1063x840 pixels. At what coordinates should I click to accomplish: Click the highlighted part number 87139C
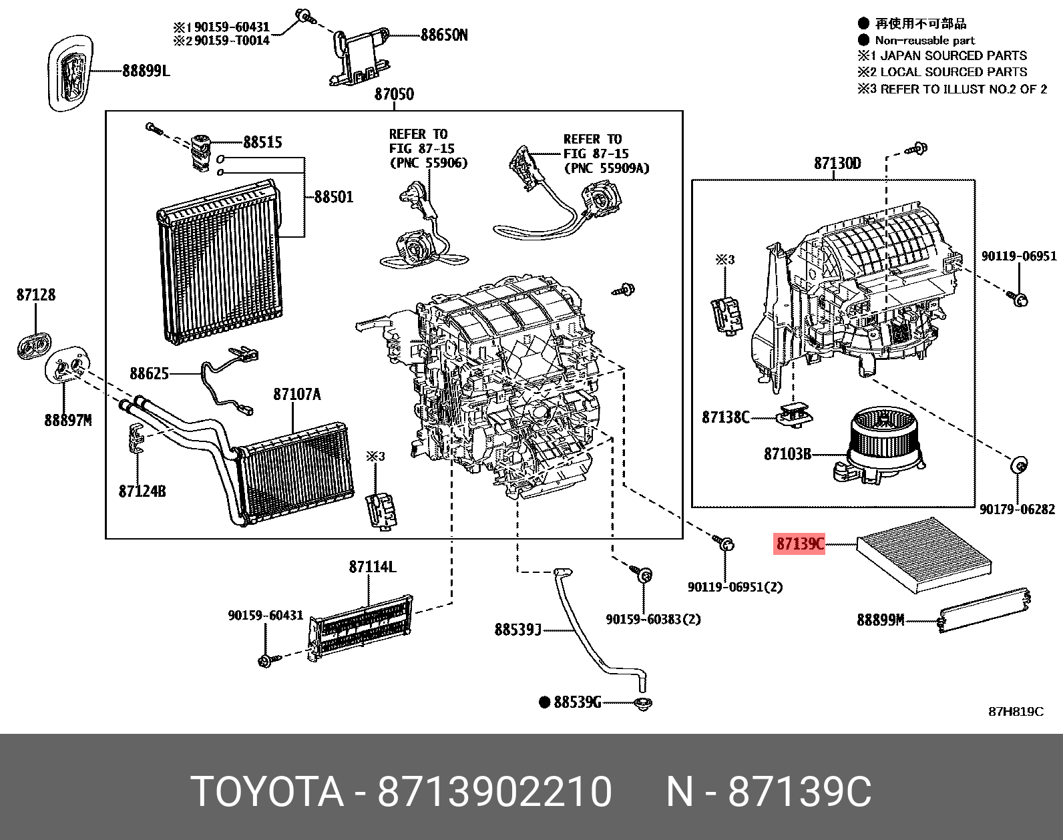(x=799, y=544)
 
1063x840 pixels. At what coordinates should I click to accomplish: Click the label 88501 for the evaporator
(x=333, y=197)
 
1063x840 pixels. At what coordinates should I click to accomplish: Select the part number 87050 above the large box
(x=393, y=94)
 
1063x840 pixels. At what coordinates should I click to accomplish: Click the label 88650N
(x=443, y=35)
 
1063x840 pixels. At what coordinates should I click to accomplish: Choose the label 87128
(x=36, y=294)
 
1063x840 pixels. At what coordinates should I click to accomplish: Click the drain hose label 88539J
(x=517, y=629)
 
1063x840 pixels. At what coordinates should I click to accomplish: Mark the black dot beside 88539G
(x=544, y=702)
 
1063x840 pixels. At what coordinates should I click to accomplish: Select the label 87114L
(x=372, y=567)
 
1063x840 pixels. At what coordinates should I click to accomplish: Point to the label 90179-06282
(x=1017, y=509)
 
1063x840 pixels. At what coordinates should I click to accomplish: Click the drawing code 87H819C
(x=1015, y=711)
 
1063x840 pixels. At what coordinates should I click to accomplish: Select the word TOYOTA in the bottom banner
(x=268, y=792)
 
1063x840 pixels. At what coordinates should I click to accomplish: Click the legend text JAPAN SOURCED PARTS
(x=954, y=56)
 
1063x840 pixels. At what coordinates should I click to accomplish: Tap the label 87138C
(x=726, y=417)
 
